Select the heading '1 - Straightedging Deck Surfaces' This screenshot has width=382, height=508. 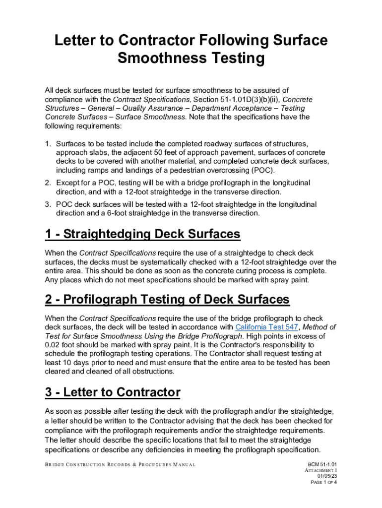142,234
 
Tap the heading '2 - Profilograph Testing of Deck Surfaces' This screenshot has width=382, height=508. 167,300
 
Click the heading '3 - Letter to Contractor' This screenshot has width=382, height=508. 112,392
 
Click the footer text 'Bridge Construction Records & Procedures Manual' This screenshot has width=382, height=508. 120,465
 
